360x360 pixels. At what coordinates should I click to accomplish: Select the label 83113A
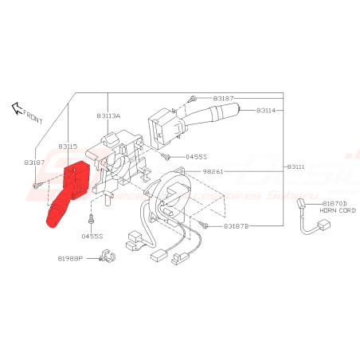pos(109,116)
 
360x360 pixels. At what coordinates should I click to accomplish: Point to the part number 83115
pos(67,147)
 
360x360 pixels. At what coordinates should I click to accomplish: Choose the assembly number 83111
pos(295,166)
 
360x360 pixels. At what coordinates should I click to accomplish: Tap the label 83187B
pos(237,226)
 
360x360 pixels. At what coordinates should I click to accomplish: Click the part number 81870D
pos(334,204)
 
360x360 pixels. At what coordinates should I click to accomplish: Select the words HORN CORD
pos(334,211)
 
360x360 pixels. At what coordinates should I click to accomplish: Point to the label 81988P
pos(69,258)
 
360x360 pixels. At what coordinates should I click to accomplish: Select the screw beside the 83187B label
pos(205,225)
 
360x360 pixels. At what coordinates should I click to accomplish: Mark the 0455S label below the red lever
pos(92,237)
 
